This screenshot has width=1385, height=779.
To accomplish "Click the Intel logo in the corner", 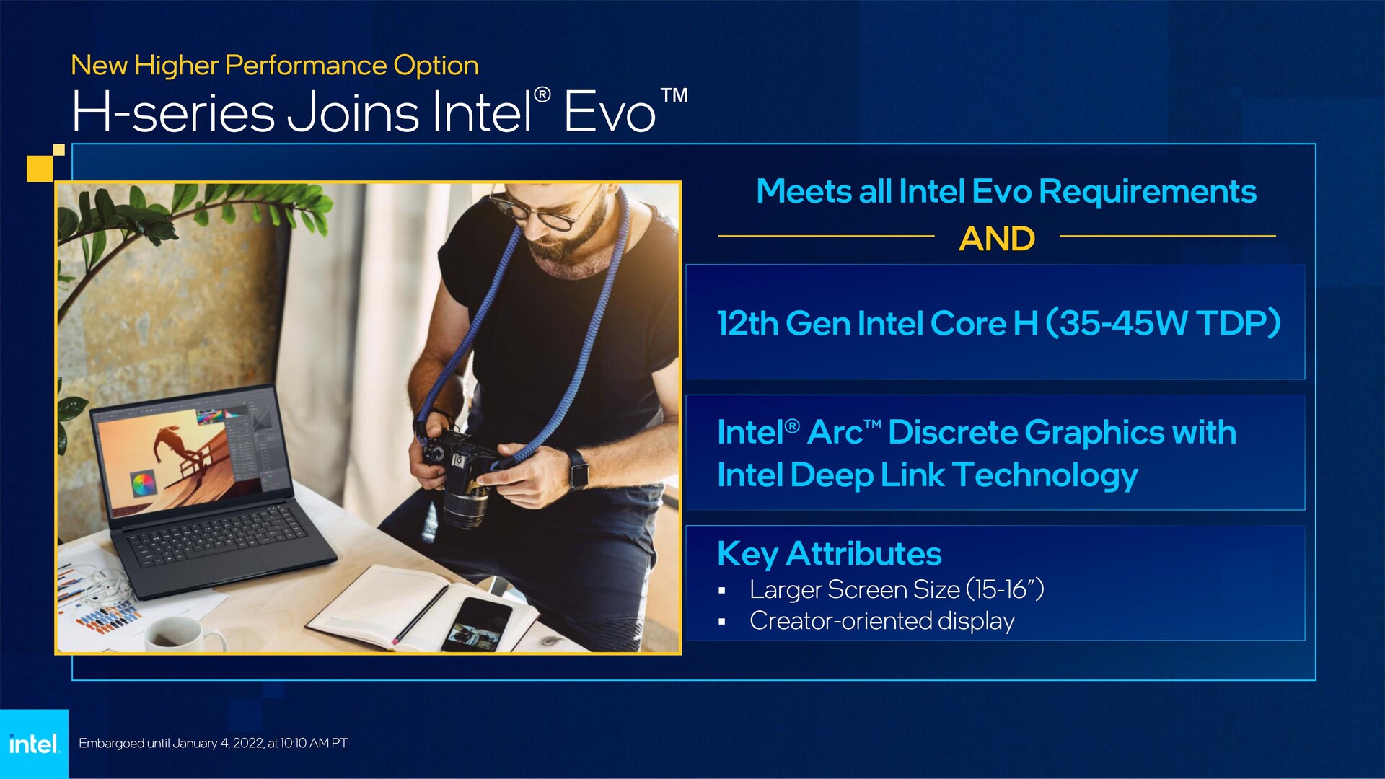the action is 34,744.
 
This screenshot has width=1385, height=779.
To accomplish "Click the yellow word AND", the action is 997,239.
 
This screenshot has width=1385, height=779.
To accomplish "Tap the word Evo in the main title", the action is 610,113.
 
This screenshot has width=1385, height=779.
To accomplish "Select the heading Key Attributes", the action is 829,554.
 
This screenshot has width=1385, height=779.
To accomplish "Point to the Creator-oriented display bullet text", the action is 881,620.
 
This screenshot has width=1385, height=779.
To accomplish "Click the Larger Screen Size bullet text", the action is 897,589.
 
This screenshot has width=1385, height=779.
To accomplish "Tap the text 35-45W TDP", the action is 1163,322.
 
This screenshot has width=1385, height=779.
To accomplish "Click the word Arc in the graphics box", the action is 835,433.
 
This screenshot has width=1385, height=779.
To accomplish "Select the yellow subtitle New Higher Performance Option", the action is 275,66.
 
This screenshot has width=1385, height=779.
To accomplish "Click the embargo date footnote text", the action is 213,743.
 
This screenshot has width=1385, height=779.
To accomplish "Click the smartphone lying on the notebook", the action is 477,624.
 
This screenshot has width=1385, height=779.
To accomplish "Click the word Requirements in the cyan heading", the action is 1148,192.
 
